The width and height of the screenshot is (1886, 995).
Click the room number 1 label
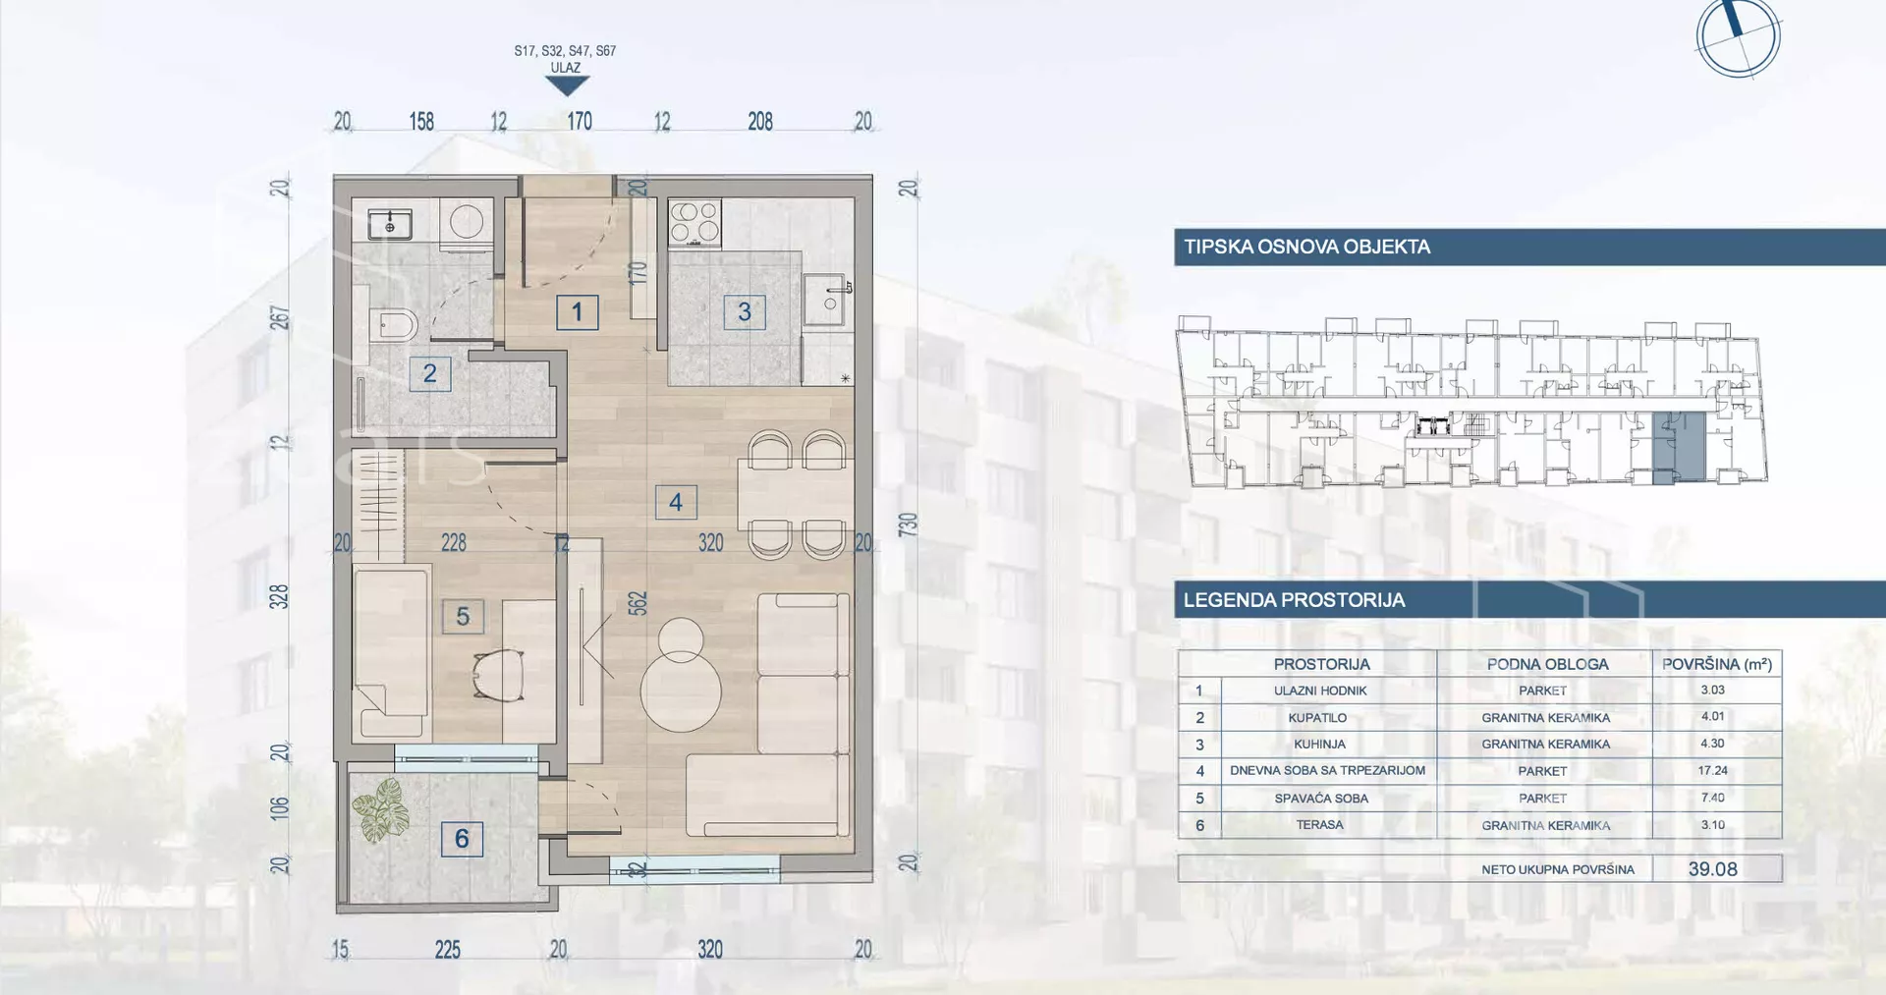tap(577, 312)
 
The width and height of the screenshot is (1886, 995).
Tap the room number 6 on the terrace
tap(462, 839)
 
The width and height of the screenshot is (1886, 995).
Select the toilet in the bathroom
tap(394, 323)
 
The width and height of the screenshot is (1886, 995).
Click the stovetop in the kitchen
tap(694, 221)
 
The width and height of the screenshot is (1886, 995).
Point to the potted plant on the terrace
tap(381, 810)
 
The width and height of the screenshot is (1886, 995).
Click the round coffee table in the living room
tap(681, 691)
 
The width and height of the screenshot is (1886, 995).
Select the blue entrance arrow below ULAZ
tap(567, 86)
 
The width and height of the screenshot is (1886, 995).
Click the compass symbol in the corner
tap(1739, 37)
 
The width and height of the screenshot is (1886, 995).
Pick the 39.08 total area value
tap(1713, 869)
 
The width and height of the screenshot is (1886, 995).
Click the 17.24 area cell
tap(1712, 770)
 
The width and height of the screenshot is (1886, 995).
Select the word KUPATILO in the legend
tap(1317, 718)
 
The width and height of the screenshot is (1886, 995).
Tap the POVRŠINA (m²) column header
tap(1717, 664)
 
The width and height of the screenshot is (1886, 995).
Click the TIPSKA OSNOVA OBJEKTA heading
tap(1306, 247)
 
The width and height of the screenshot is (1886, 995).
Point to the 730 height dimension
tap(909, 524)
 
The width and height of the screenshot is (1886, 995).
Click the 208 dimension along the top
tap(760, 122)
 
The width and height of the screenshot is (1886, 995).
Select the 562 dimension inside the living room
tap(638, 603)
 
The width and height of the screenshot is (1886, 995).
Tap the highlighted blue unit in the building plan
tap(1678, 447)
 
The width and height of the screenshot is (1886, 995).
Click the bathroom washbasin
tap(390, 225)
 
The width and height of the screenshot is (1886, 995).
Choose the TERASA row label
tap(1319, 825)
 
